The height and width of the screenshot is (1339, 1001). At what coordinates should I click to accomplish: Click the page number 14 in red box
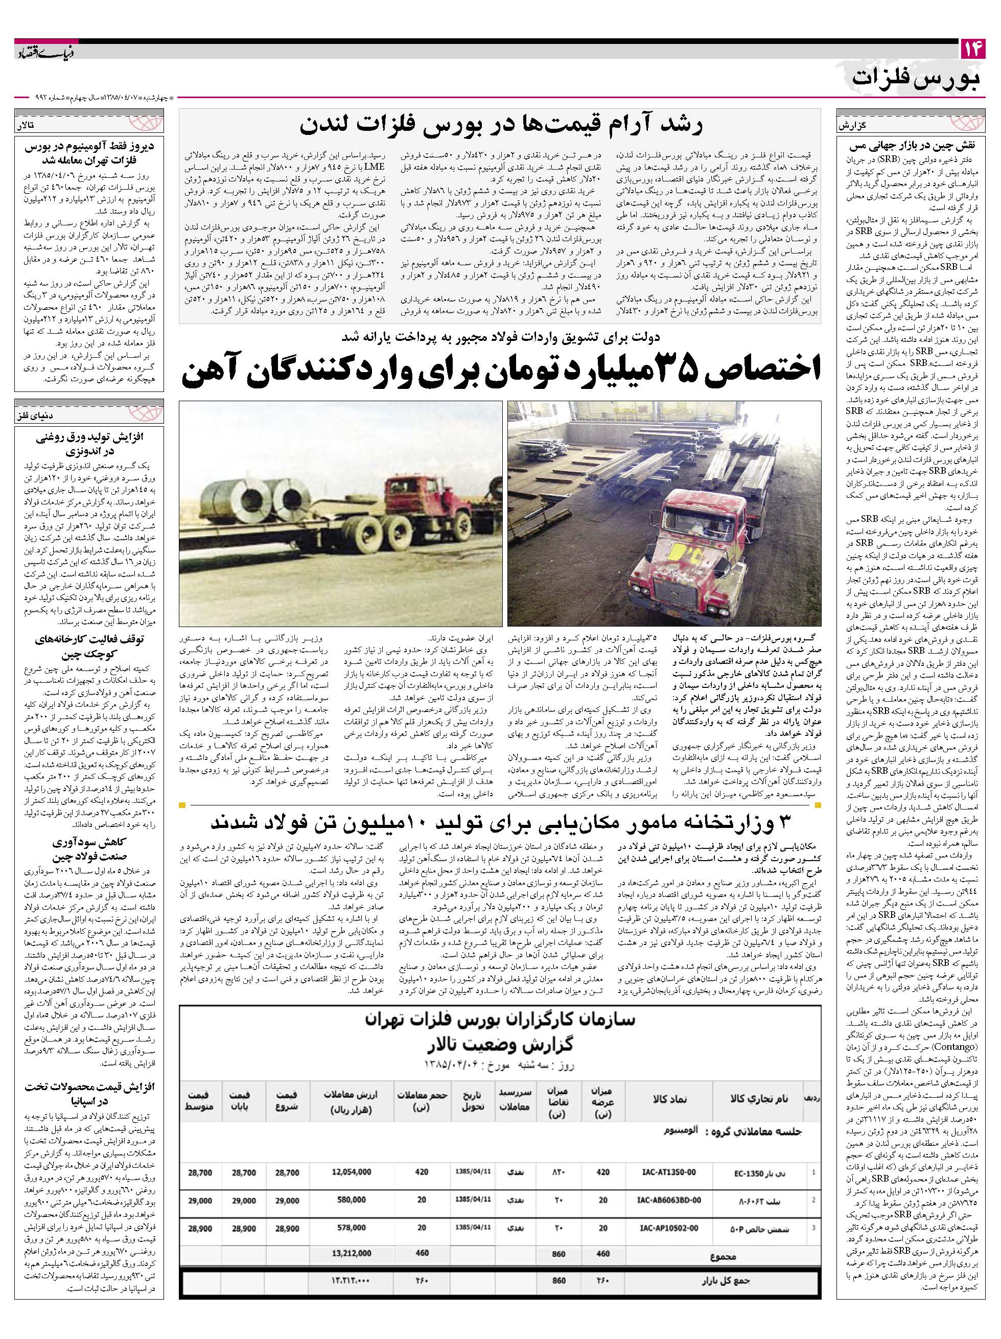972,49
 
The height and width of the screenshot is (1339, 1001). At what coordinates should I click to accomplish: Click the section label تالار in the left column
29,126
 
